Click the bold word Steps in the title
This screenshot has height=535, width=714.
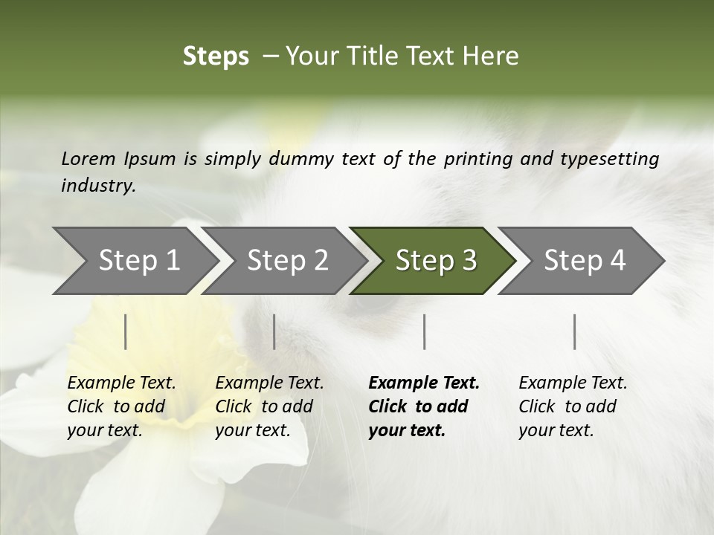click(x=216, y=56)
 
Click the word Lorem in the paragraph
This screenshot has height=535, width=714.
click(x=89, y=158)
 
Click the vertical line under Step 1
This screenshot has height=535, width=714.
click(x=126, y=331)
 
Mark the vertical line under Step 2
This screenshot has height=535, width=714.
click(x=274, y=331)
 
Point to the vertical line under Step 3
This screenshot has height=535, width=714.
click(x=424, y=331)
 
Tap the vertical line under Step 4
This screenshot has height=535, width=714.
click(x=575, y=331)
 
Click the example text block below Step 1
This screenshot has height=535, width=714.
click(x=121, y=406)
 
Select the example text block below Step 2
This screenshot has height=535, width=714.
click(x=269, y=406)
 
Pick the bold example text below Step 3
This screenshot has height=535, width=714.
click(x=424, y=406)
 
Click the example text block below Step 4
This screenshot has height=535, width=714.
click(x=573, y=406)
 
